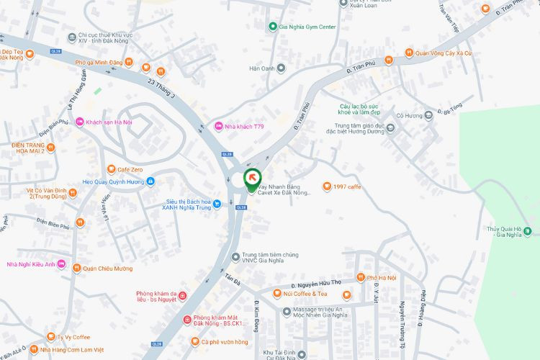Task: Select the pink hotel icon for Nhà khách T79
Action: [x=220, y=127]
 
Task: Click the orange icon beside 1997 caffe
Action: [x=327, y=186]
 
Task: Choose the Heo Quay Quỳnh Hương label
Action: [x=118, y=182]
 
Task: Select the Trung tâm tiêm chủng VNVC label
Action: [x=269, y=258]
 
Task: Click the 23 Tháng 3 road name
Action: [x=161, y=89]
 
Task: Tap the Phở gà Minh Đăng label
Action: [x=99, y=63]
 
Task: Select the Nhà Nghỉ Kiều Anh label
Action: [x=31, y=264]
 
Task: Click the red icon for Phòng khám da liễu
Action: [x=181, y=296]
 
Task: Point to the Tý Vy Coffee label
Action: [x=73, y=337]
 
